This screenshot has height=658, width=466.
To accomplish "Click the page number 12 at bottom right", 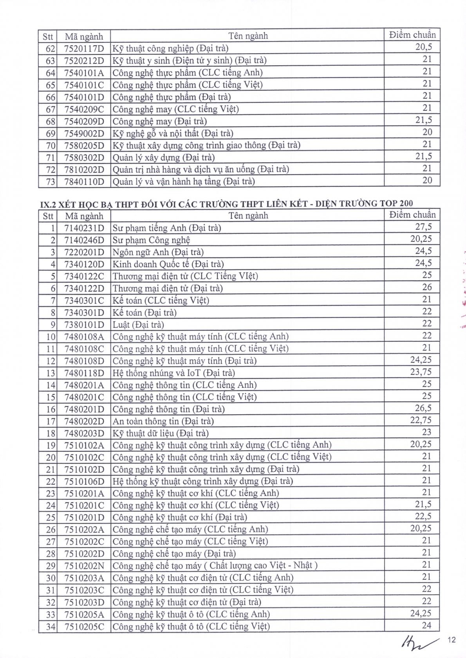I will click(452, 640).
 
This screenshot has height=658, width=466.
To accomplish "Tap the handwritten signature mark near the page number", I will click(416, 643).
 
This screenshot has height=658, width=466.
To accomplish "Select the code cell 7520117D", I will click(84, 49).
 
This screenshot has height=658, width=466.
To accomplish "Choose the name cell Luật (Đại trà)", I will click(138, 325).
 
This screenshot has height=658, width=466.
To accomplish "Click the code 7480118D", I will click(84, 373).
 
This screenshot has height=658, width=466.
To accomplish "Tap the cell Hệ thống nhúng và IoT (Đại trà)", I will click(174, 373).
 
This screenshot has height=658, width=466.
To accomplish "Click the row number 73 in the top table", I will click(51, 182).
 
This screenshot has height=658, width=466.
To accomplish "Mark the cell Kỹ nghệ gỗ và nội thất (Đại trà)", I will click(173, 133).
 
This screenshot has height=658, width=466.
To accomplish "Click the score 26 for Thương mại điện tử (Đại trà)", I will click(427, 288).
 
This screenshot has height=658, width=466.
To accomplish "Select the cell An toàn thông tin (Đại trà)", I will click(163, 421).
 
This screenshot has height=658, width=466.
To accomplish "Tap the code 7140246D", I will click(84, 240).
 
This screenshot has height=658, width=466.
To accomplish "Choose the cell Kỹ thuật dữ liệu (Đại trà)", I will click(161, 433).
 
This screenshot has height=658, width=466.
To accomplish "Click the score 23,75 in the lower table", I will click(421, 372).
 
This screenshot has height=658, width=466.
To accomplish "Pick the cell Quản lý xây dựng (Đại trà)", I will click(164, 158).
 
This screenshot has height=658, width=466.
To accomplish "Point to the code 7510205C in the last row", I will click(84, 627).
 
